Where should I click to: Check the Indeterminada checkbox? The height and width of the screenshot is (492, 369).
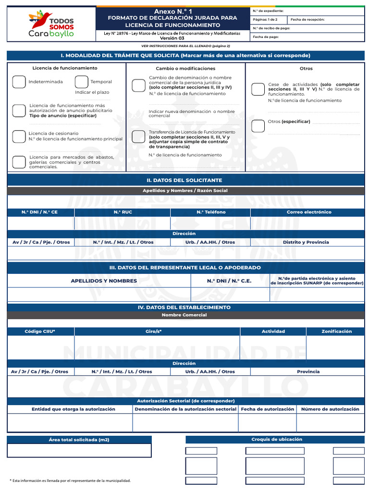(19, 82)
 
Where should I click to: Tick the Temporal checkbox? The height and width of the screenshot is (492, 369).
(81, 82)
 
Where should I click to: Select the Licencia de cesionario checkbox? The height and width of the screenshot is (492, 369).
(19, 136)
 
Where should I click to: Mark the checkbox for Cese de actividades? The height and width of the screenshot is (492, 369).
(258, 89)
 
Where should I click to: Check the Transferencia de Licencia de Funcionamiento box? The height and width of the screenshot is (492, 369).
(138, 137)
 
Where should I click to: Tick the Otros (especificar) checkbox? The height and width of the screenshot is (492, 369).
(258, 126)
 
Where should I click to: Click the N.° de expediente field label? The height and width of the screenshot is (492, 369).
(268, 11)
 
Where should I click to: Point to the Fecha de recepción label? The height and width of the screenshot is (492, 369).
(307, 20)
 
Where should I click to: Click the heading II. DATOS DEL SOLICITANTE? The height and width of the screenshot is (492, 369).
(184, 180)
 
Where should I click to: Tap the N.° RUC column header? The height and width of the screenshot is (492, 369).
(123, 212)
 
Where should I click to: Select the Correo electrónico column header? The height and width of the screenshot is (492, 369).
(308, 212)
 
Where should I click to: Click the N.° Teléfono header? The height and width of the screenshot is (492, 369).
(211, 212)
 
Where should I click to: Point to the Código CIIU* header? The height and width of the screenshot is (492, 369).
(40, 332)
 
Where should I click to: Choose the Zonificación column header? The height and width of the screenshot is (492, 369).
(336, 332)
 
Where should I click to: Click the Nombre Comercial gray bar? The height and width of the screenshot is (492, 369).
(184, 315)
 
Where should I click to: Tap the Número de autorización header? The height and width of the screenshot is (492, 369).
(330, 409)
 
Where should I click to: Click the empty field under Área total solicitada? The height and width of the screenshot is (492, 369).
(79, 450)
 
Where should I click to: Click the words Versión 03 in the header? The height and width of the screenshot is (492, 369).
(172, 38)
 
